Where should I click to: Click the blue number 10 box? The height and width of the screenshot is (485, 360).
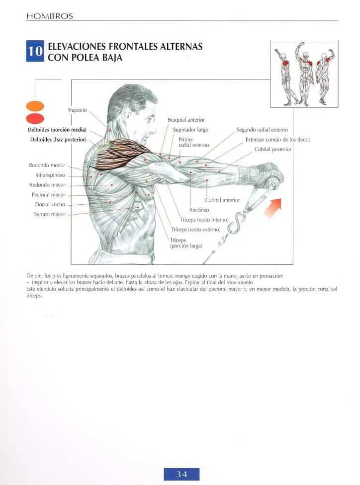35,51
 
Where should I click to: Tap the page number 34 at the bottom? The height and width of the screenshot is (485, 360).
181,474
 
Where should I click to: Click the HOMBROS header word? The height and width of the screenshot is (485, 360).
50,16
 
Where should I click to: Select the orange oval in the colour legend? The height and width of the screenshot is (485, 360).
35,106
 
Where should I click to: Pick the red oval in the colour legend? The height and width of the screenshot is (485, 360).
35,119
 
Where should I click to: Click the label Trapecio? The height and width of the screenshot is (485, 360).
77,110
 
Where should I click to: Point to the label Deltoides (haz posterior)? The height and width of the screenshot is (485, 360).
58,140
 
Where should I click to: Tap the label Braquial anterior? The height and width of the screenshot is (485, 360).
186,120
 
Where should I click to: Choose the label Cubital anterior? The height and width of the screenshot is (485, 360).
222,200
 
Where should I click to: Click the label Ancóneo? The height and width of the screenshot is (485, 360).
199,210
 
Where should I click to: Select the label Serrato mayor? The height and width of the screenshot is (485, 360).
50,214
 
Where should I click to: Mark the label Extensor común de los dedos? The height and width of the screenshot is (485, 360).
277,140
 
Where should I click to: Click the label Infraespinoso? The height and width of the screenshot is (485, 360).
50,175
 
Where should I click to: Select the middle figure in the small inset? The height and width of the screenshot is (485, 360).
305,74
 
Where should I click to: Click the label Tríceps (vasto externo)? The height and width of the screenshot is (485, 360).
195,230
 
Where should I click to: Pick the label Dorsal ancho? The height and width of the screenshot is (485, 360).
50,204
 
